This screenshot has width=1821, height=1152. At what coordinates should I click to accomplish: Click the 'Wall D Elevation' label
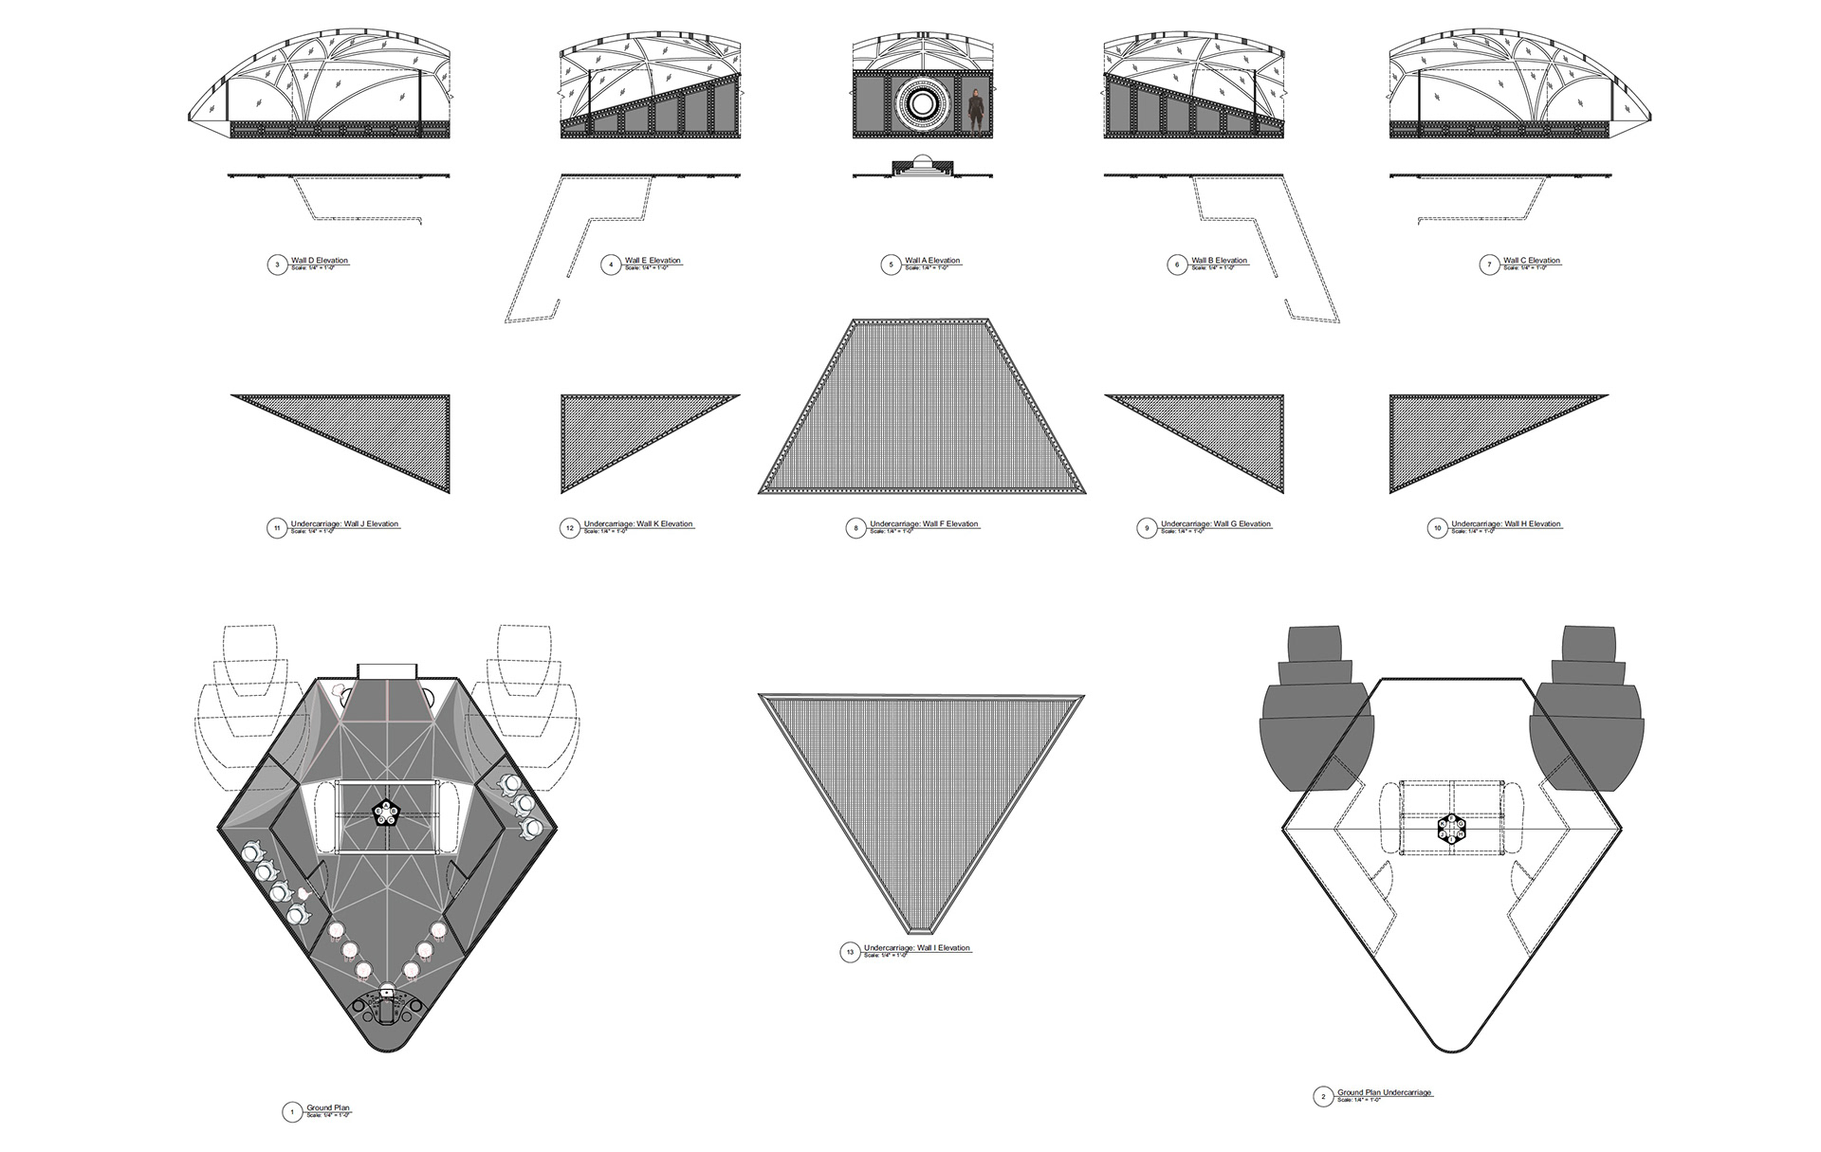click(x=320, y=261)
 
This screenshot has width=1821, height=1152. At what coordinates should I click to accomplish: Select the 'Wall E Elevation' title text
click(x=653, y=261)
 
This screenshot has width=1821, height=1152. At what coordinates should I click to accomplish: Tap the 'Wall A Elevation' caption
click(x=932, y=261)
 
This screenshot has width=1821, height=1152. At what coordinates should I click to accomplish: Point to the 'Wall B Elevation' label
click(x=1219, y=261)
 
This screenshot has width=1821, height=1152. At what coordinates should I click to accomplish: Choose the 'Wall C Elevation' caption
click(x=1531, y=261)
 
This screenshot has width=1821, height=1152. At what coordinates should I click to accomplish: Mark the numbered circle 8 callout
click(x=855, y=528)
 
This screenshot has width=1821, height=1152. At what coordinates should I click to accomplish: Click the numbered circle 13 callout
click(x=850, y=953)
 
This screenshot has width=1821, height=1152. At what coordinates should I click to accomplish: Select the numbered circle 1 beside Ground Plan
click(x=292, y=1112)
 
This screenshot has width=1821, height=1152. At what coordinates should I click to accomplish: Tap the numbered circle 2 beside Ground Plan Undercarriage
click(x=1323, y=1097)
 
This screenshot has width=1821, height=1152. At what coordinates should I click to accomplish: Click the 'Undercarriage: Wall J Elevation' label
click(x=344, y=524)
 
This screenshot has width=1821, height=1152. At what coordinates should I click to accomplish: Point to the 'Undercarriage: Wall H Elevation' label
click(x=1505, y=524)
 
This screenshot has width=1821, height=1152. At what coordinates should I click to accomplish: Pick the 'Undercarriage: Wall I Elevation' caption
click(x=917, y=948)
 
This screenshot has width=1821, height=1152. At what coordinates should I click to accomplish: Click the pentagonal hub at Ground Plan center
click(x=386, y=813)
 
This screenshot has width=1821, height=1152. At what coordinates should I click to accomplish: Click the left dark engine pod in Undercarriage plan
click(x=1314, y=721)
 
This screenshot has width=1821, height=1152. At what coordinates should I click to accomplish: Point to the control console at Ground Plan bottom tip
click(x=387, y=1010)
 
